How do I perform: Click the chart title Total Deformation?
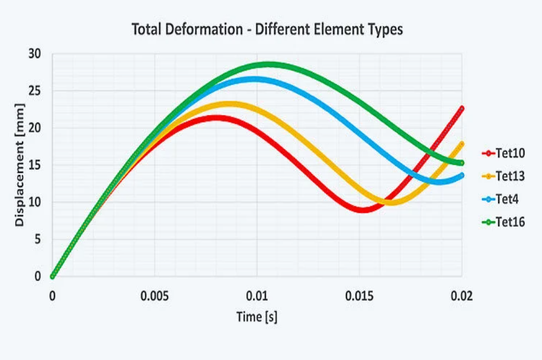pos(267,29)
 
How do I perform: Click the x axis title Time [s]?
pos(257,317)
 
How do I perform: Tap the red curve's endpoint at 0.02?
pos(461,108)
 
